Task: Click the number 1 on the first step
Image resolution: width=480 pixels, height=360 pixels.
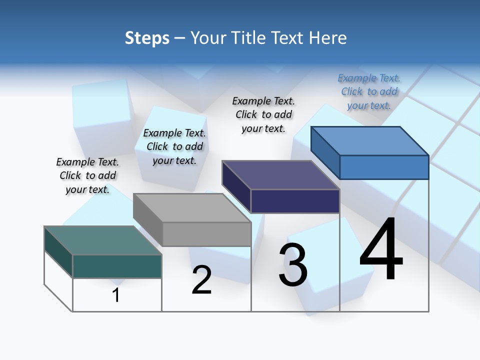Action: (x=116, y=295)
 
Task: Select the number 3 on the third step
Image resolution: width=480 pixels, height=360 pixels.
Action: (x=293, y=265)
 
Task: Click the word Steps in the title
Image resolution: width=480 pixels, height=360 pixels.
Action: (x=147, y=38)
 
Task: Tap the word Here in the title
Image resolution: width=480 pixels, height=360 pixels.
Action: (x=328, y=38)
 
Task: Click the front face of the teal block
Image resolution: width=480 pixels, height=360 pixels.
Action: (x=117, y=266)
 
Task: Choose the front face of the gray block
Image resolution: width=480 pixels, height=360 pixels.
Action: (x=206, y=234)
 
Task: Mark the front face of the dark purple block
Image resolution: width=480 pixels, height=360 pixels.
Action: (x=295, y=201)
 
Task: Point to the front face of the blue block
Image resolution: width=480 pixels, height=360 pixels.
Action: (x=384, y=167)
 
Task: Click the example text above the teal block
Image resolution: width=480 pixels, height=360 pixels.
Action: (x=87, y=175)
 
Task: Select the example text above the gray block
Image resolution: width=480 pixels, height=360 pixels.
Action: (x=174, y=146)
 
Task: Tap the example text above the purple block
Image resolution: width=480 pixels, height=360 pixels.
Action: (x=263, y=114)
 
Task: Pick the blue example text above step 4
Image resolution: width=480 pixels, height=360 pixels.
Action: (x=369, y=91)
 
